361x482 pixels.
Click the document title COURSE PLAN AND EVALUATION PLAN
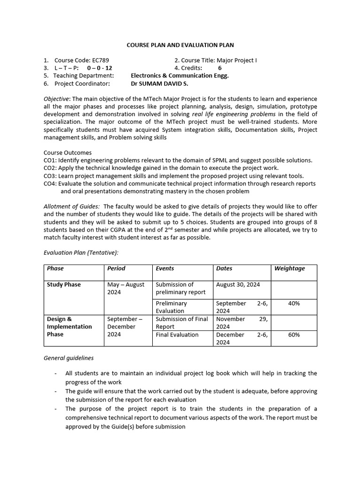point(180,45)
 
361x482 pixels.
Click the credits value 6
point(220,68)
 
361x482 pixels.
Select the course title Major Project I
point(236,60)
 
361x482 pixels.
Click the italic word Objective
point(56,99)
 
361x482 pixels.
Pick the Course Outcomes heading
point(68,153)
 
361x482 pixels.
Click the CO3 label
point(50,176)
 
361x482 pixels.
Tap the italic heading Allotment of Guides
point(71,207)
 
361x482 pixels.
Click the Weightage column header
point(290,268)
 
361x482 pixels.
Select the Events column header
point(165,268)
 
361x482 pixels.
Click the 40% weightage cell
point(294,304)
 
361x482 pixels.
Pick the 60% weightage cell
point(294,335)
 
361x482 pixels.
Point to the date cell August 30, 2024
point(238,284)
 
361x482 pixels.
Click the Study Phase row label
point(64,284)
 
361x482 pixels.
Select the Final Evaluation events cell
point(177,335)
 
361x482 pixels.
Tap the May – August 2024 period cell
point(126,288)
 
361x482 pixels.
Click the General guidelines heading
point(69,358)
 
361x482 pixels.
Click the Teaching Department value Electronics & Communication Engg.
point(180,75)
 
